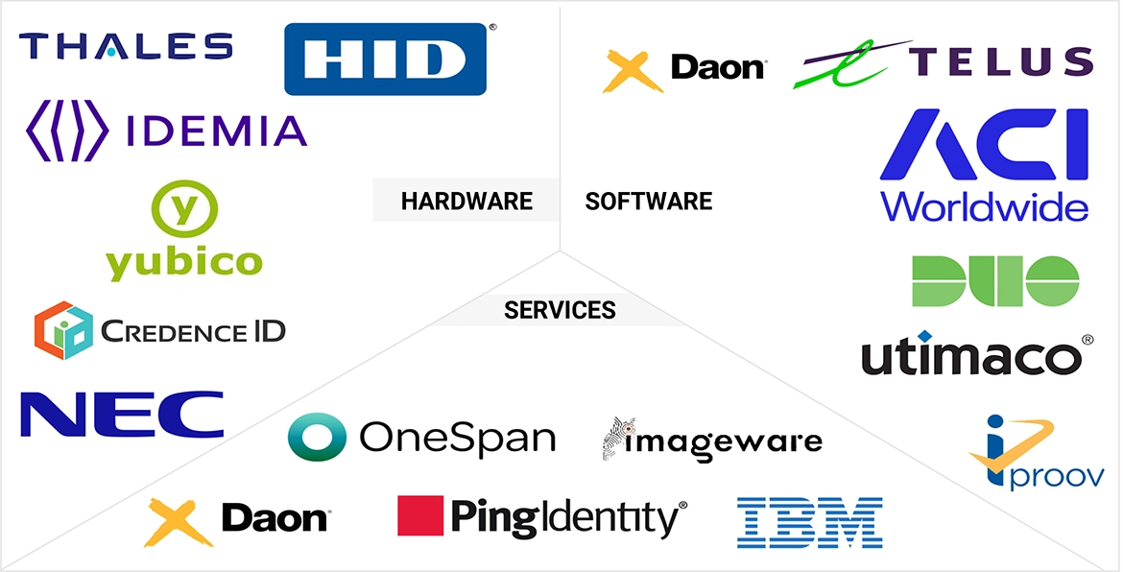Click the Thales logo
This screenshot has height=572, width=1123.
[126, 46]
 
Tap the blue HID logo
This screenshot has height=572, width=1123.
[386, 60]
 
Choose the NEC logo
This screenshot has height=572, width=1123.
[122, 414]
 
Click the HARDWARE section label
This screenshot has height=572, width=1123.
[466, 202]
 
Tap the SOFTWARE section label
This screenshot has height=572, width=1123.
[649, 202]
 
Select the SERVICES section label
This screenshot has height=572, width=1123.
[560, 311]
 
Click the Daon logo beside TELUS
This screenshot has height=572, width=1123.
[683, 68]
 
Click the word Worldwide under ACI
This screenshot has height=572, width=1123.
[984, 206]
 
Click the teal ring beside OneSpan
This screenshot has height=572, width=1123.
[317, 439]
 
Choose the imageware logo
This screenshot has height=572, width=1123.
[712, 441]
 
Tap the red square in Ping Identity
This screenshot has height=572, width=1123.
[420, 517]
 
